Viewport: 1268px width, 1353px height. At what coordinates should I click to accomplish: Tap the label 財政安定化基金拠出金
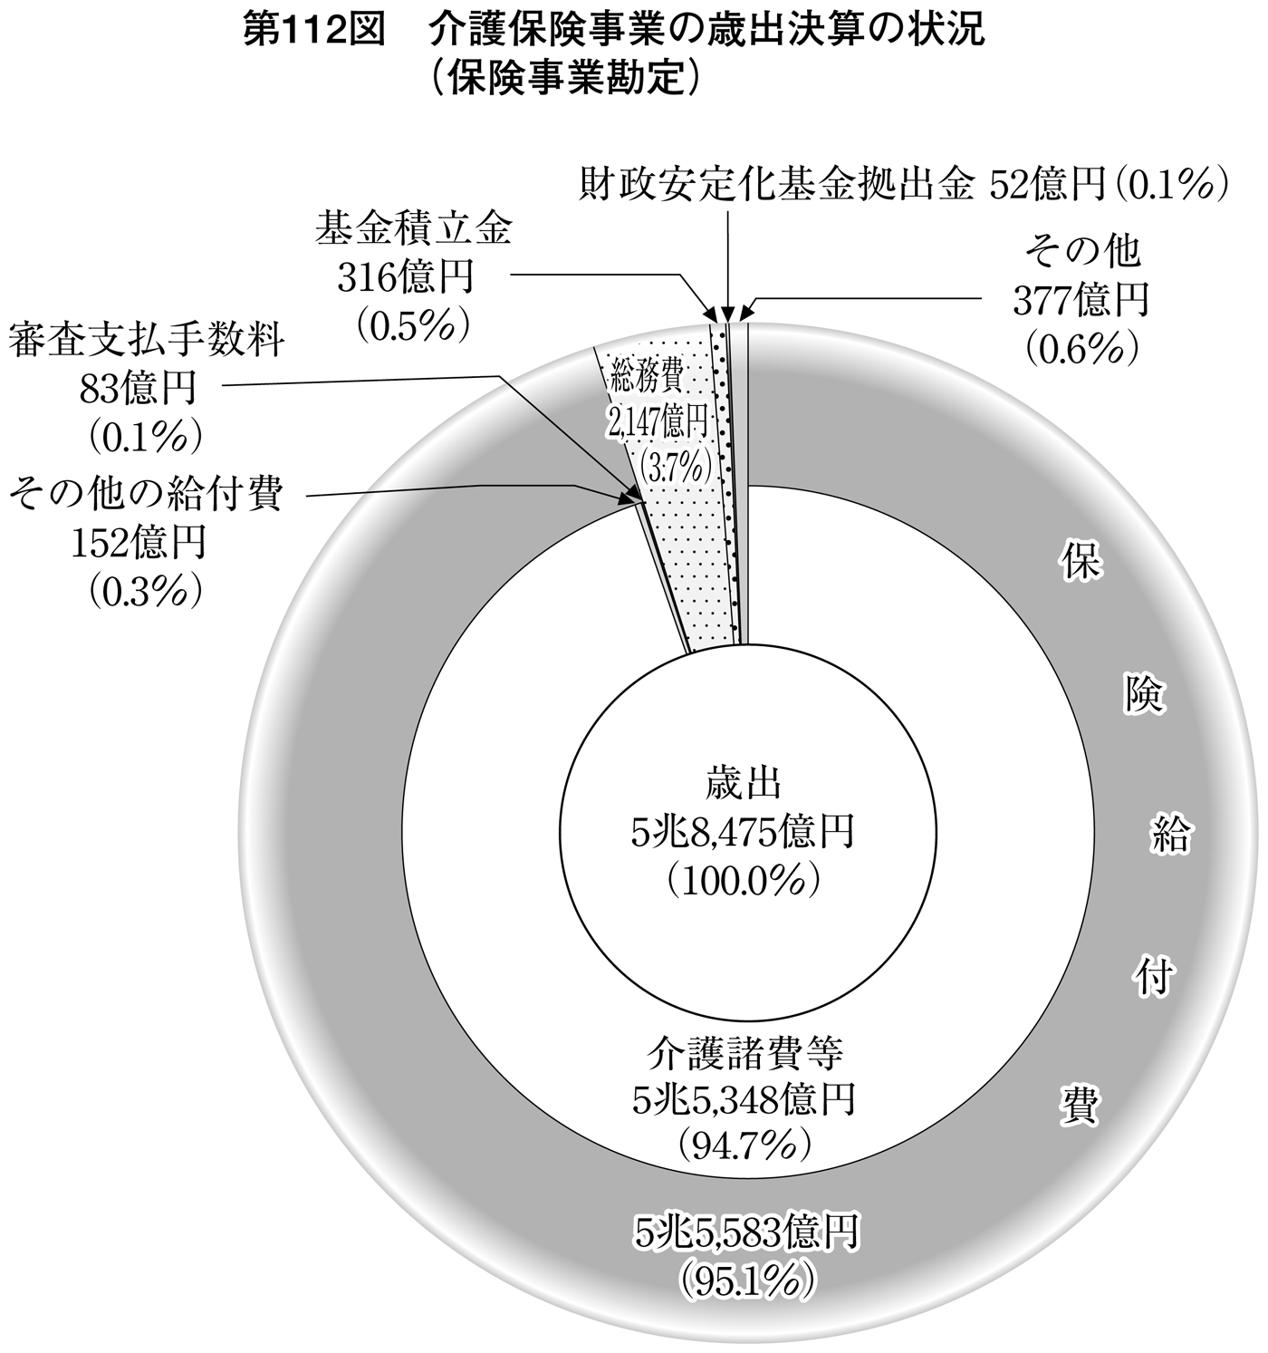pyautogui.click(x=775, y=185)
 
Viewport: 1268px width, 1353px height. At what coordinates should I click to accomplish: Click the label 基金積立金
pyautogui.click(x=413, y=231)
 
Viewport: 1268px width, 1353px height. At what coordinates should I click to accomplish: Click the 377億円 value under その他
pyautogui.click(x=1081, y=300)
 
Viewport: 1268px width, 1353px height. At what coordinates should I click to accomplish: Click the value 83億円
pyautogui.click(x=139, y=389)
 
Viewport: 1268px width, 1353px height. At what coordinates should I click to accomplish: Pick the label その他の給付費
pyautogui.click(x=145, y=496)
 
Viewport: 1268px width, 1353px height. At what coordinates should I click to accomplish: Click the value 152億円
pyautogui.click(x=139, y=543)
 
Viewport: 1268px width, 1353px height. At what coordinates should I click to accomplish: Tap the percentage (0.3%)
pyautogui.click(x=144, y=591)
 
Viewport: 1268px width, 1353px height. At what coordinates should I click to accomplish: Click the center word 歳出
pyautogui.click(x=744, y=784)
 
